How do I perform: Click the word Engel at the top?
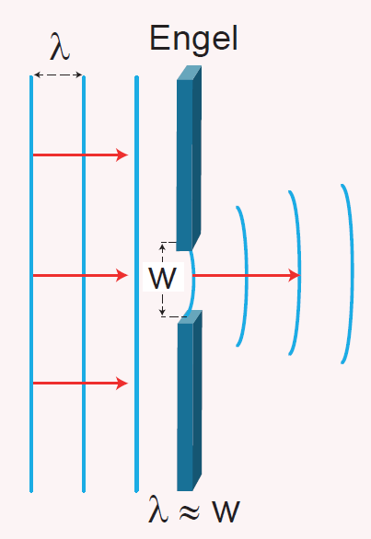click(x=193, y=39)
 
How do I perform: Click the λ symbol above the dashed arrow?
click(x=60, y=46)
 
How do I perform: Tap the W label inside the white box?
click(x=162, y=277)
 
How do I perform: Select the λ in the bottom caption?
click(x=158, y=509)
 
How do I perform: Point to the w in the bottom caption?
click(x=226, y=511)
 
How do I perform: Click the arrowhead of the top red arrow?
click(x=122, y=155)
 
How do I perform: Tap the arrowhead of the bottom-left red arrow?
click(x=122, y=383)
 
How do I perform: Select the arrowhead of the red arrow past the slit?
click(x=295, y=275)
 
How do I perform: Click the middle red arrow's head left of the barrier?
click(x=122, y=275)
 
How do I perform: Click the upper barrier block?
click(x=189, y=158)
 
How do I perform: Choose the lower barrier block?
click(x=190, y=400)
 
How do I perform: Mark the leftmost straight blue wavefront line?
click(x=31, y=284)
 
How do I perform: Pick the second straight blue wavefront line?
click(x=84, y=284)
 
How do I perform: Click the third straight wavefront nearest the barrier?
click(x=136, y=284)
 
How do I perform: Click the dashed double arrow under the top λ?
click(x=58, y=75)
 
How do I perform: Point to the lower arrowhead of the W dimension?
click(x=163, y=312)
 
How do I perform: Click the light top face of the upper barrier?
click(x=190, y=73)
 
